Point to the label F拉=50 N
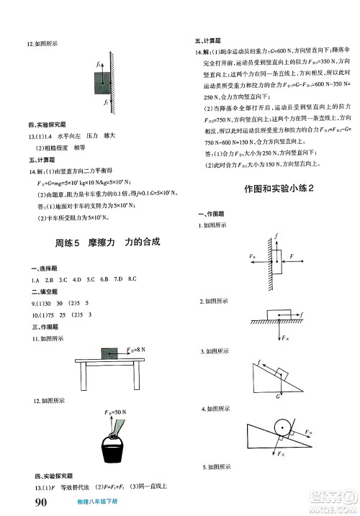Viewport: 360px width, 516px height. click(x=114, y=411)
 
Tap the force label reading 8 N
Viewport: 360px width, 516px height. click(x=133, y=349)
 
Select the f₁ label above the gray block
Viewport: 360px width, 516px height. click(x=97, y=65)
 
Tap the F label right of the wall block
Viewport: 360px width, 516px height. click(x=292, y=255)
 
